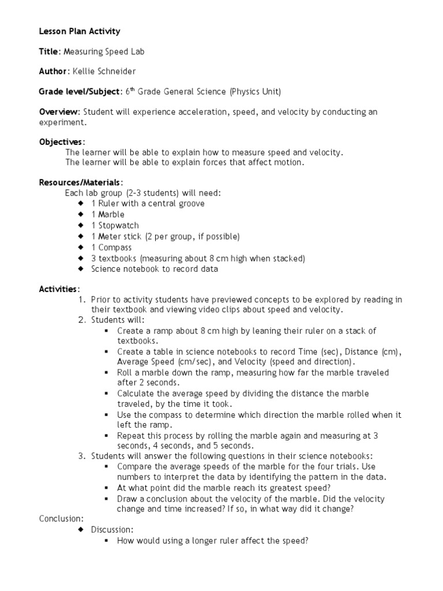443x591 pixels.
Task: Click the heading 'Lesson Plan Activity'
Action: coord(80,31)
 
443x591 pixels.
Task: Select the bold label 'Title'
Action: coord(48,51)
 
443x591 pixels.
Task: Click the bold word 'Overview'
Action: coord(58,111)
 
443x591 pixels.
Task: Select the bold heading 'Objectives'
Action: coord(61,141)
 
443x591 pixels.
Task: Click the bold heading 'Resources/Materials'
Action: coord(80,182)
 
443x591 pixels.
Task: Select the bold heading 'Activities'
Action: coord(59,289)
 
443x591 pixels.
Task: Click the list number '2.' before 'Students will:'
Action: coord(82,320)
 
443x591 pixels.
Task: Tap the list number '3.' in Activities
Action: coord(82,456)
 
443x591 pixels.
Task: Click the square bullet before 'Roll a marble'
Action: coord(107,373)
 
